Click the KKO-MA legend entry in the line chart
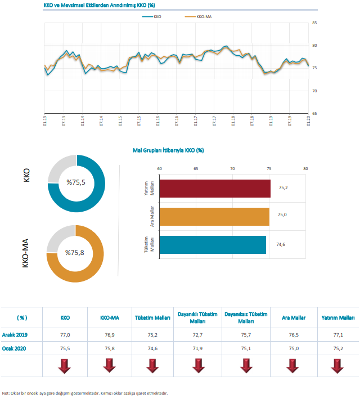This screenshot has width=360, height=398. click(x=198, y=17)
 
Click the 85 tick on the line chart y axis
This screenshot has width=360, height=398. click(x=314, y=23)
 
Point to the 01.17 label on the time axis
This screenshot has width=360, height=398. click(x=196, y=121)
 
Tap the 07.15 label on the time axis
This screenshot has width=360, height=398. click(x=139, y=121)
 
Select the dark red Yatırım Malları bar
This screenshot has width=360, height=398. click(x=215, y=189)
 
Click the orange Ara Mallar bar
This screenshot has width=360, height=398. click(x=214, y=217)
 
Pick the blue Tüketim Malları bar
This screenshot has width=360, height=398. click(x=213, y=245)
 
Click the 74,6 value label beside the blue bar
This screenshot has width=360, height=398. click(x=281, y=244)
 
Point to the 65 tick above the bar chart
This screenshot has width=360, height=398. click(x=196, y=168)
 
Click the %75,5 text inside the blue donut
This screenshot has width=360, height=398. click(x=76, y=182)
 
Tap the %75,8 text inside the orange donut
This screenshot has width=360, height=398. click(x=75, y=253)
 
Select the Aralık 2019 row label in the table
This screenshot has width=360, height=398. click(x=15, y=335)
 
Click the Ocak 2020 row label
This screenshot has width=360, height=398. click(x=14, y=348)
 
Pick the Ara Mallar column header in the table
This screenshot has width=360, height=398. click(x=294, y=318)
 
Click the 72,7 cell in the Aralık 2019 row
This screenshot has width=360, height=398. click(x=197, y=335)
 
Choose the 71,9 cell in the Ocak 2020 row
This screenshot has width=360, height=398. click(x=197, y=348)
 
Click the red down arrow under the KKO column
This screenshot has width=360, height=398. click(x=65, y=366)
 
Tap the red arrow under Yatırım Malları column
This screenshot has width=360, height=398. click(x=337, y=366)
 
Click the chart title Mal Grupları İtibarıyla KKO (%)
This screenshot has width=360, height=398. click(x=168, y=150)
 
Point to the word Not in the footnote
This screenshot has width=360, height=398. click(x=5, y=393)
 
